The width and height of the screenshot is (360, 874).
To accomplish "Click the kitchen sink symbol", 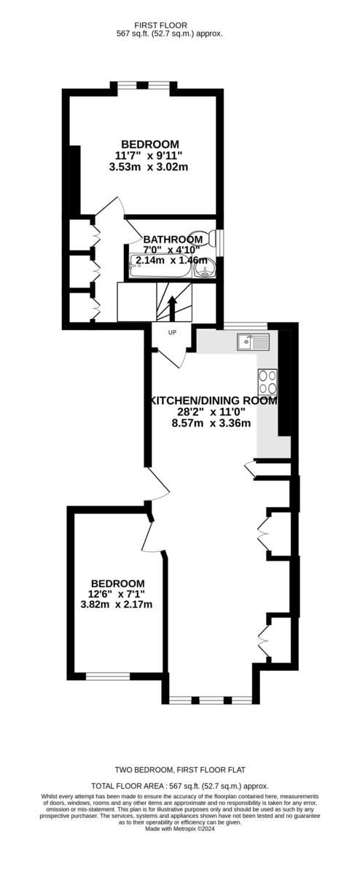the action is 253,342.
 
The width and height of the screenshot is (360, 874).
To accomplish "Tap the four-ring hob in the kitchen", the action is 267,382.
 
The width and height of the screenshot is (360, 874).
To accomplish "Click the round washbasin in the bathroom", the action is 206,268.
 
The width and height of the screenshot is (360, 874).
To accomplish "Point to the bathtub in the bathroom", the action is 160,266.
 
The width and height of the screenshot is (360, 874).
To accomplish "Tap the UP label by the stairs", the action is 172,333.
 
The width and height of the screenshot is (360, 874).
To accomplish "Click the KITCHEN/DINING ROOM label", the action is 214,401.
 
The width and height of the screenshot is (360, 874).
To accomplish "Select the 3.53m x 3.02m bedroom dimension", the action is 149,167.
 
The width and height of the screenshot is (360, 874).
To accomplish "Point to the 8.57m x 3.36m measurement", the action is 211,422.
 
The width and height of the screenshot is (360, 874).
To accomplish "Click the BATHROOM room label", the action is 173,239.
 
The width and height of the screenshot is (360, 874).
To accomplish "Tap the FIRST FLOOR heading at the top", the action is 170,25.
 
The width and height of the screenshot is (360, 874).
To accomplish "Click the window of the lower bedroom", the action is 108,676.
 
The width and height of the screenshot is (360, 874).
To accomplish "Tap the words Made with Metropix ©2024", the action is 180,829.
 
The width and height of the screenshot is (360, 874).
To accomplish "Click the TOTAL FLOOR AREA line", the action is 180,786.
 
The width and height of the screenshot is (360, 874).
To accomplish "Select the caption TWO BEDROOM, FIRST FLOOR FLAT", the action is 180,770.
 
